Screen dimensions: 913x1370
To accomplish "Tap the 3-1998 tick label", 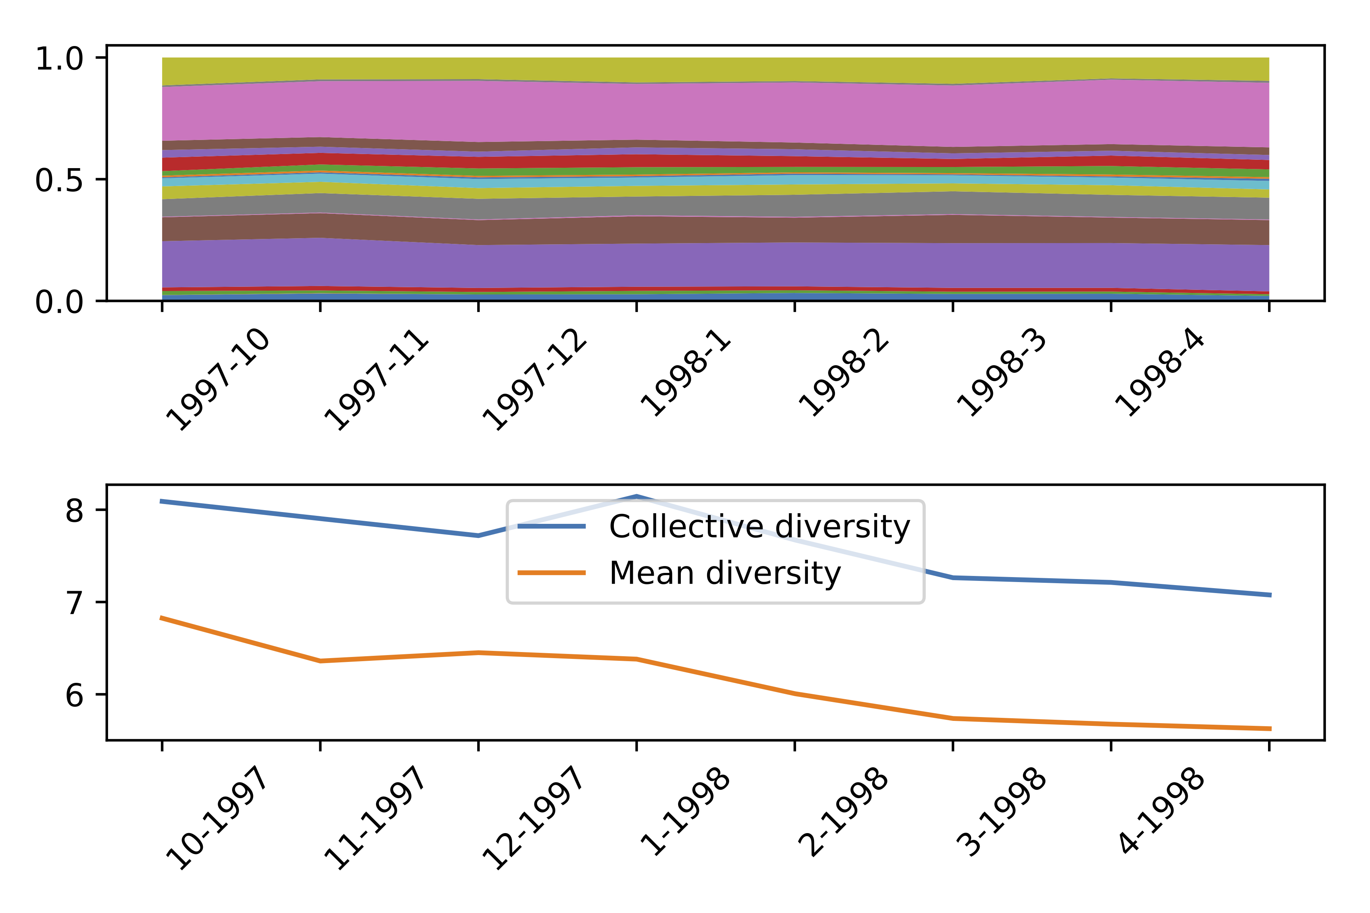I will [x=1002, y=812].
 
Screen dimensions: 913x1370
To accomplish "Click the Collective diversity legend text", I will [x=759, y=527].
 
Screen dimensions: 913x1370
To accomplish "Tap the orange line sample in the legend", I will [x=551, y=573].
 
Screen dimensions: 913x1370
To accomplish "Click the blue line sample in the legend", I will [x=551, y=526].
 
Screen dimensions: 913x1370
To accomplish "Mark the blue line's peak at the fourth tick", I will [x=637, y=496].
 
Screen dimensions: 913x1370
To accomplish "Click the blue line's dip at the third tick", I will [x=478, y=536].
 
